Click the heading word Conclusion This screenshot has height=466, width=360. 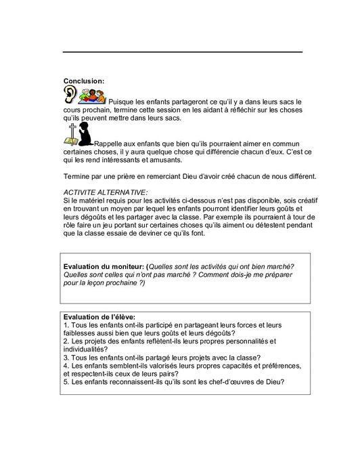(83, 81)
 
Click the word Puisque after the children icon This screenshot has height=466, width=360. (122, 102)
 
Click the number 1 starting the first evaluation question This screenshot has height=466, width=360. (64, 325)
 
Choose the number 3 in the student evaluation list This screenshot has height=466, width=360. (64, 358)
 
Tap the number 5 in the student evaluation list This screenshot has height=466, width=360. (64, 382)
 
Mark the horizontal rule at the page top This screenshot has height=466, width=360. (183, 52)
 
